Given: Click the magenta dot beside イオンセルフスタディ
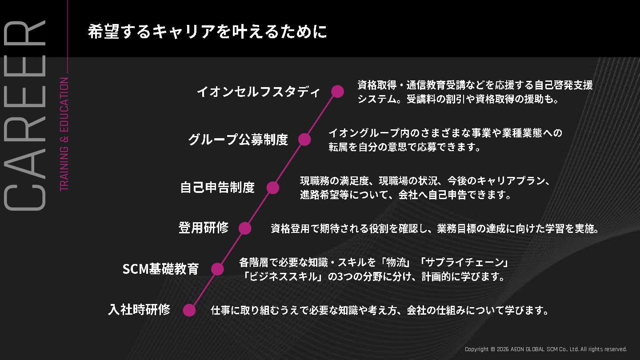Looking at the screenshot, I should pos(338,91).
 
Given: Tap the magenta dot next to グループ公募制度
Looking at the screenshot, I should pos(304,139).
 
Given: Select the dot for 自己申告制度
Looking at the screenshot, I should pos(273,188).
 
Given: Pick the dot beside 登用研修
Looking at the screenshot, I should pos(245,228).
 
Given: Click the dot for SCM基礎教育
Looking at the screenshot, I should pos(217,269).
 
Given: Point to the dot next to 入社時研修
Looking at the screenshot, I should pos(189,310).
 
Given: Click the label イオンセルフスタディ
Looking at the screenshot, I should pos(258,92).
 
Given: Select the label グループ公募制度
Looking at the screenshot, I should pos(238,140).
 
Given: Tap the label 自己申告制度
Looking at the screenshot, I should pos(217,188).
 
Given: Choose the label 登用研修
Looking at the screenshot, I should pos(204,228).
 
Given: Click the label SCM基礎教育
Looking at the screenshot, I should pos(160,269).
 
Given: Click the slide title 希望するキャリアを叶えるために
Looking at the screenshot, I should pos(207,32).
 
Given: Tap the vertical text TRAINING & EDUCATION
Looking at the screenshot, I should pos(64,134).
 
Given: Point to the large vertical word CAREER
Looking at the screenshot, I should pos(25,116).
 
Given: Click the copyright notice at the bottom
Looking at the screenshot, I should pos(546,349).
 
